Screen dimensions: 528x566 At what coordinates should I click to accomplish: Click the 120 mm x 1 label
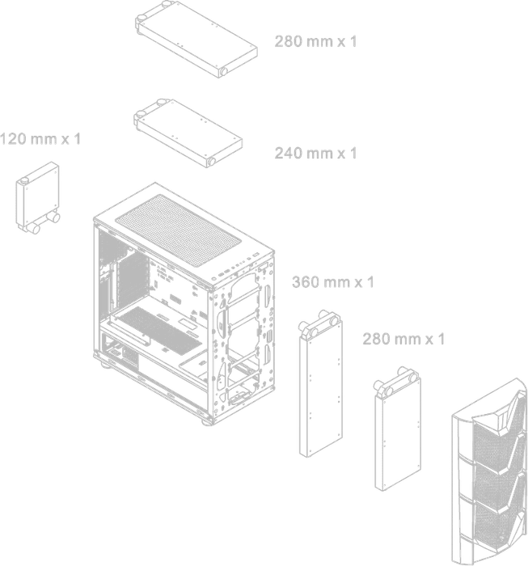(x=40, y=138)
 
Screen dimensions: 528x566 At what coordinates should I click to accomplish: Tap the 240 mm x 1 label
(x=315, y=153)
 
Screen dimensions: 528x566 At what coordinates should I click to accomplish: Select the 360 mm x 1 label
(x=333, y=282)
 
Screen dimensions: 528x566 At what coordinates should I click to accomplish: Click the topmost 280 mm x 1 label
(x=315, y=41)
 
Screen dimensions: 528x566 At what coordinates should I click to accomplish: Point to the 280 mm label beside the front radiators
(x=403, y=339)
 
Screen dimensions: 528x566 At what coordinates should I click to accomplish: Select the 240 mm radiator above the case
(x=188, y=133)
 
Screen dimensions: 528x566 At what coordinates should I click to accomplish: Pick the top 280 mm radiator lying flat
(x=196, y=39)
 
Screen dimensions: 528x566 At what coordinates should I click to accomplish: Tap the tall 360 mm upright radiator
(x=320, y=383)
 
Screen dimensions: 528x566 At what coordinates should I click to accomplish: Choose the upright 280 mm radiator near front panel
(x=397, y=429)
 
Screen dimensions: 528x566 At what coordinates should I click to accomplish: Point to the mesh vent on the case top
(x=178, y=230)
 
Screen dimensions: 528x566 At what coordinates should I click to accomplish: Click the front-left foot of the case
(x=207, y=420)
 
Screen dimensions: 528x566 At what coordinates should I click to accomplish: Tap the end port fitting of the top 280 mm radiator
(x=223, y=71)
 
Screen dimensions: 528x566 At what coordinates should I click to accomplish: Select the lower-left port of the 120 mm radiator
(x=34, y=229)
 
